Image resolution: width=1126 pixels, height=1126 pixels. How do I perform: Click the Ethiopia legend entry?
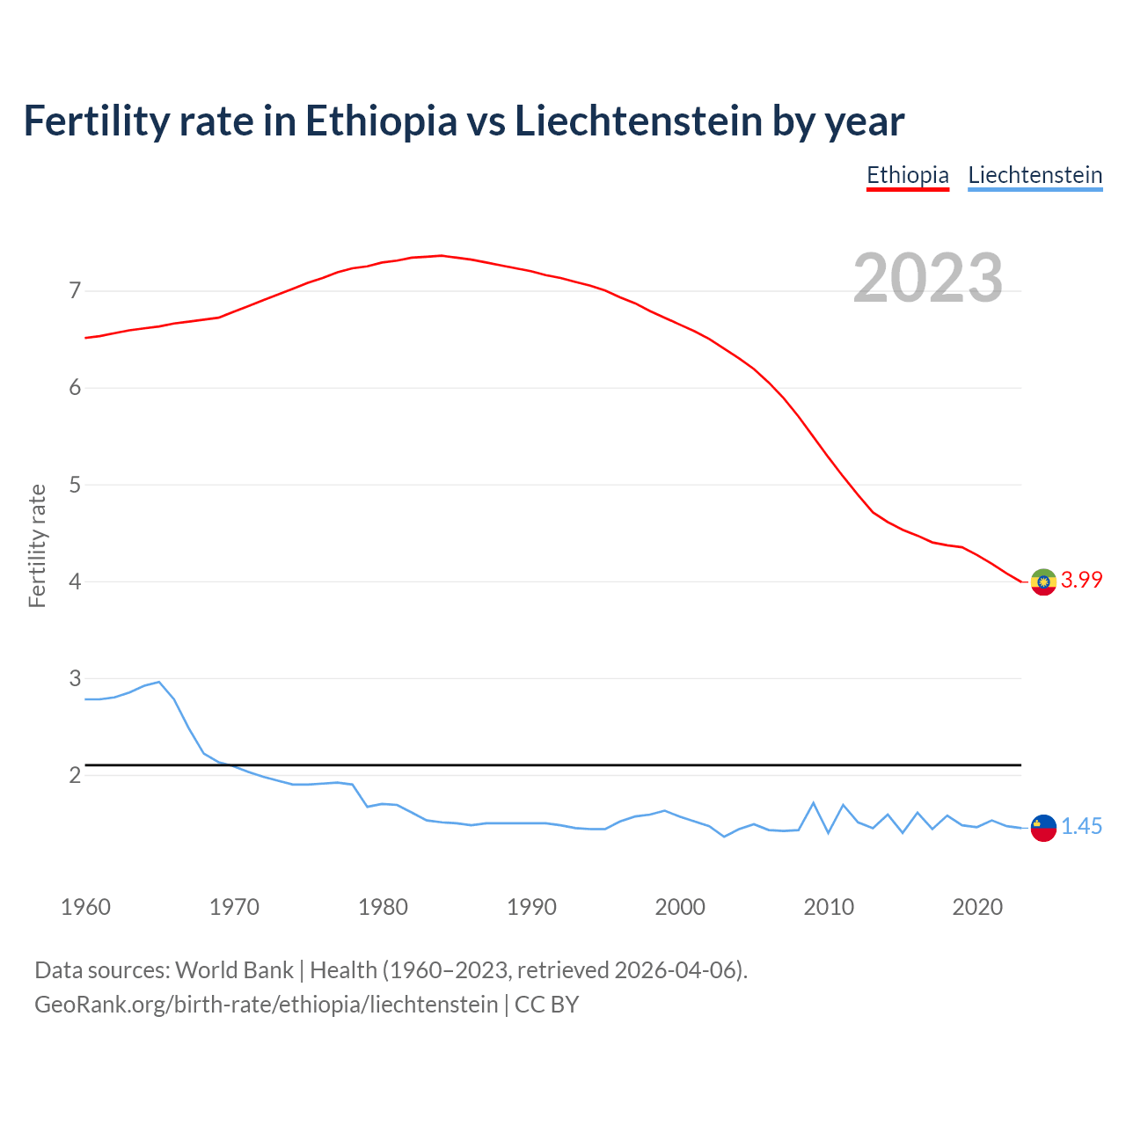pyautogui.click(x=907, y=175)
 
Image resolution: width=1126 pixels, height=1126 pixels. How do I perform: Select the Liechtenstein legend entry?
pyautogui.click(x=1035, y=175)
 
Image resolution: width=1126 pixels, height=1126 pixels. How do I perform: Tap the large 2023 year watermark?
pyautogui.click(x=928, y=278)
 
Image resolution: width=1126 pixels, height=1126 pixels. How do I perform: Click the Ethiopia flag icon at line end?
pyautogui.click(x=1043, y=581)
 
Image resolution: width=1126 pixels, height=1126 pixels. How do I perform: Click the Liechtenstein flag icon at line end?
pyautogui.click(x=1043, y=828)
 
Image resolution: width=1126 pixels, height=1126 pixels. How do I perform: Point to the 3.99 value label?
pyautogui.click(x=1081, y=580)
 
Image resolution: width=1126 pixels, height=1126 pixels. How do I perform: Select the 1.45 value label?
pyautogui.click(x=1081, y=826)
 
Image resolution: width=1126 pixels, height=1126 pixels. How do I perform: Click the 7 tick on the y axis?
pyautogui.click(x=75, y=290)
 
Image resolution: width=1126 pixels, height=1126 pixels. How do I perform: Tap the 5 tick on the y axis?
pyautogui.click(x=75, y=485)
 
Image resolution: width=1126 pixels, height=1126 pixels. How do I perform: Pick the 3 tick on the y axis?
pyautogui.click(x=75, y=678)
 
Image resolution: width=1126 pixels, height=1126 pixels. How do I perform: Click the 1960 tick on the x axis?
pyautogui.click(x=85, y=907)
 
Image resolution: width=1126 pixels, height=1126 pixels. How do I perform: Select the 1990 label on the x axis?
pyautogui.click(x=531, y=907)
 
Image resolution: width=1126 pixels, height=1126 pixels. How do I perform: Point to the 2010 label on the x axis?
pyautogui.click(x=829, y=907)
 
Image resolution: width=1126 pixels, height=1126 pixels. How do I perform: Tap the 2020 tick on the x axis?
pyautogui.click(x=977, y=907)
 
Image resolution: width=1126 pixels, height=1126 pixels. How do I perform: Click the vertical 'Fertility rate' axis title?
pyautogui.click(x=37, y=545)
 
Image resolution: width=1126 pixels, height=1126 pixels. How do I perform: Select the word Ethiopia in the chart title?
pyautogui.click(x=381, y=121)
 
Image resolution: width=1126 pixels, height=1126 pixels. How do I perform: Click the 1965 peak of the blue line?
pyautogui.click(x=159, y=682)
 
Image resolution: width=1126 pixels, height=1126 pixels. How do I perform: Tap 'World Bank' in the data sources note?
pyautogui.click(x=234, y=970)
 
